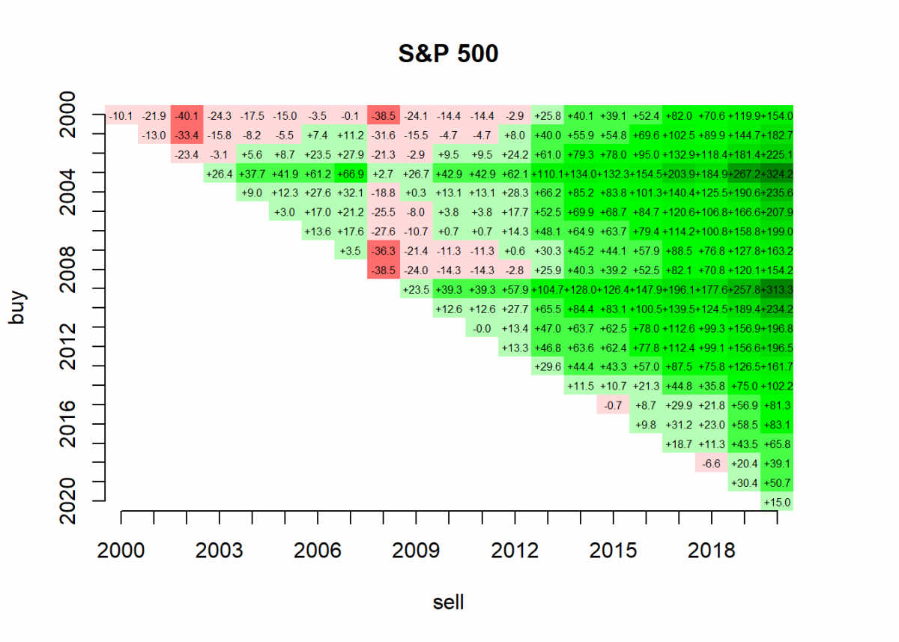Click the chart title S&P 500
[448, 54]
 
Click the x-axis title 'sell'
[448, 602]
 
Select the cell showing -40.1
[187, 115]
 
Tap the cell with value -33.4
[187, 135]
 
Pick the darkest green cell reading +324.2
[777, 174]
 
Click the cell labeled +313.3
[777, 289]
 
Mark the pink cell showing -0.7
[613, 405]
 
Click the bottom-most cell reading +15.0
[777, 502]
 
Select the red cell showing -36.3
[384, 251]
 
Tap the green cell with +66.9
[351, 174]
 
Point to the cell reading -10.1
[121, 115]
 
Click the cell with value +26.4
[220, 174]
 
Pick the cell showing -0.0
[482, 328]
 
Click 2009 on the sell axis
[417, 551]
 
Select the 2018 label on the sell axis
[712, 551]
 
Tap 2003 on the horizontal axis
[220, 551]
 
